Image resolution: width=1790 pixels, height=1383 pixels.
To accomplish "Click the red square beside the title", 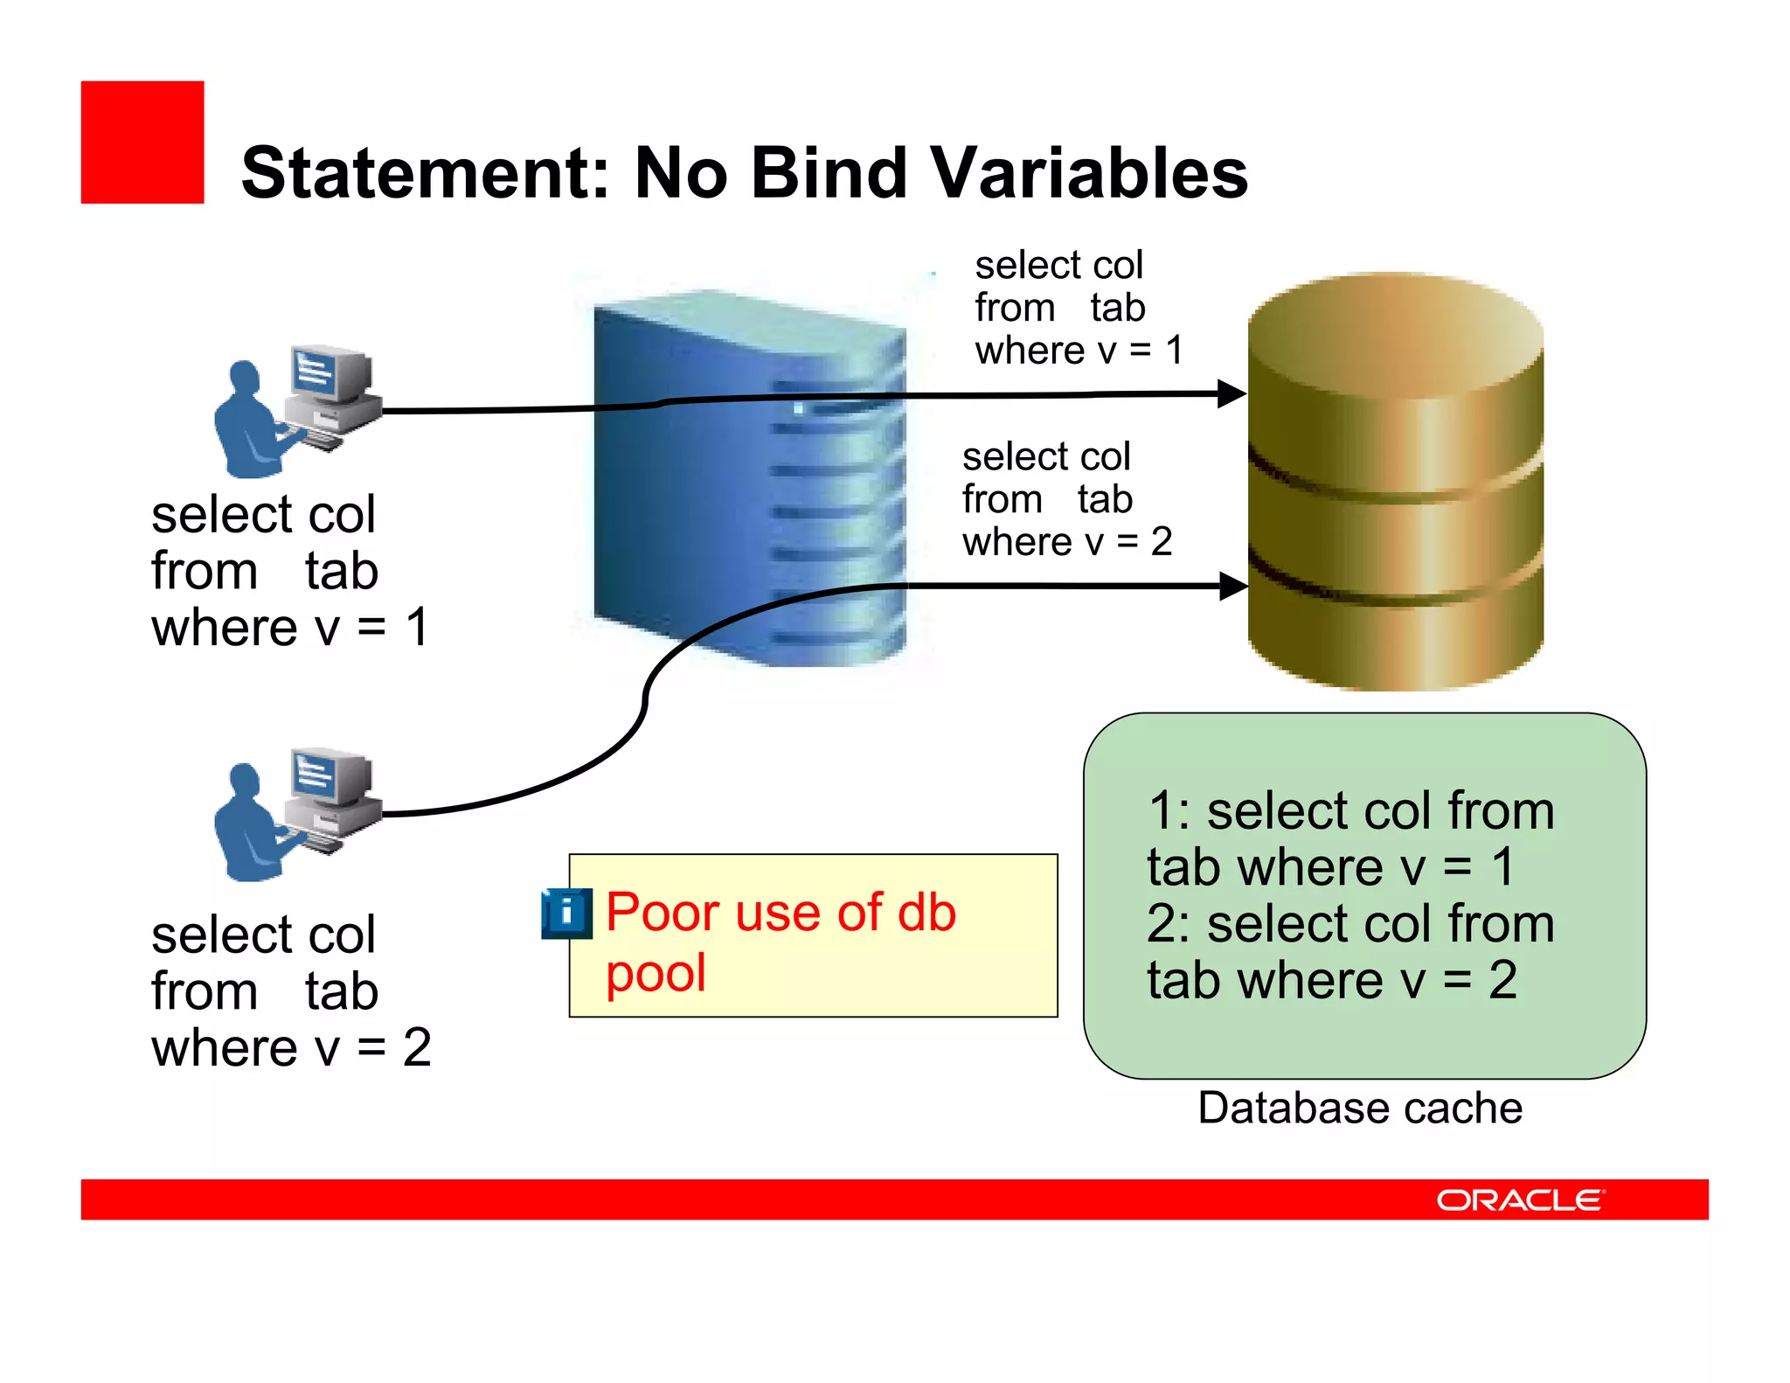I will pos(142,142).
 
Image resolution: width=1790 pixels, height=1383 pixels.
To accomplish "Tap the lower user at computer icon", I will pos(297,813).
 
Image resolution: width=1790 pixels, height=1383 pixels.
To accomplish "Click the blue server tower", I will pos(749,479).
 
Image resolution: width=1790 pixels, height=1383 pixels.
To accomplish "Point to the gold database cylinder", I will pos(1395,481).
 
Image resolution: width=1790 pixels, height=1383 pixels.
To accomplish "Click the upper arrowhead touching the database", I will pos(1232,393).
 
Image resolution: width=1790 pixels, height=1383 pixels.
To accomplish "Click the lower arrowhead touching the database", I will pos(1232,586).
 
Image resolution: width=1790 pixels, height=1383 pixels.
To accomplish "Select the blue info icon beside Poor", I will pos(566,914).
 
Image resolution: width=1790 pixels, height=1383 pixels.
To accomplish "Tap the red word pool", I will pos(656,973).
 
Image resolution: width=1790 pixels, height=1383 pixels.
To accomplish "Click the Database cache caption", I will pos(1360,1108).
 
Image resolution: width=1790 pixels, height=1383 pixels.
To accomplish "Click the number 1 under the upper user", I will pos(418,628).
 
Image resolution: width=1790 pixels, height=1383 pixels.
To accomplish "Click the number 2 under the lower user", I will pos(417,1047).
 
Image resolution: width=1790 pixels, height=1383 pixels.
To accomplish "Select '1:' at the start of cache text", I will pos(1169,811).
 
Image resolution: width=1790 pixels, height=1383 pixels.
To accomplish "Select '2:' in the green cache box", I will pos(1169,924).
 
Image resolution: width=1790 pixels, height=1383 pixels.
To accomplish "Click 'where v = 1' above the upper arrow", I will pos(1079,351).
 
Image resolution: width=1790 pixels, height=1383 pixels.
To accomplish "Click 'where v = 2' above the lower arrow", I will pos(1066,542).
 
